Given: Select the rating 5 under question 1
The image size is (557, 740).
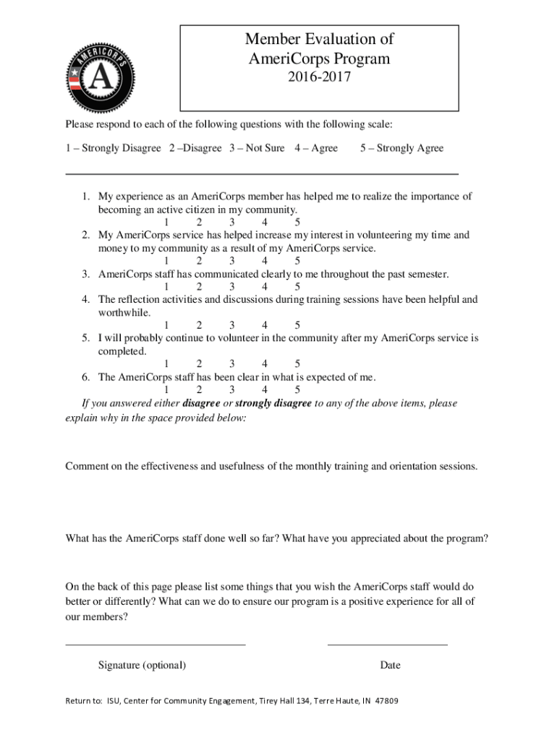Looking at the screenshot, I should click(x=298, y=222).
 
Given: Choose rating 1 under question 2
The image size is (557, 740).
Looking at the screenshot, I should click(x=166, y=261).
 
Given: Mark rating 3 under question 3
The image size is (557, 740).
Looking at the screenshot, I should click(x=232, y=286).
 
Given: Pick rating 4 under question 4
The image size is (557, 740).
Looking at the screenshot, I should click(x=265, y=325).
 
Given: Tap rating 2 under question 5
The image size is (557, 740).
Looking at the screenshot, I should click(x=199, y=363).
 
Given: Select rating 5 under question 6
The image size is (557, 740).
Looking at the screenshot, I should click(x=298, y=390).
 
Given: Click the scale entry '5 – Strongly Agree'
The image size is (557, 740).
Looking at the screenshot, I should click(x=401, y=148).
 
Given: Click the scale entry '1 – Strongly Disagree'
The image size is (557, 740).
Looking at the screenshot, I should click(x=113, y=148).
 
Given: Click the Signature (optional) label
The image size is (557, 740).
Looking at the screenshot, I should click(x=142, y=665).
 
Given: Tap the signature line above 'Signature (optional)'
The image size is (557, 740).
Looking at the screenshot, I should click(x=156, y=644).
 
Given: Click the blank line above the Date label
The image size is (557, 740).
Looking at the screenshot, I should click(x=387, y=644).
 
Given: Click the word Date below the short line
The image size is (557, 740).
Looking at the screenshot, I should click(x=389, y=665).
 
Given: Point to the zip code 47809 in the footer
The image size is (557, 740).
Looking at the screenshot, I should click(x=386, y=701).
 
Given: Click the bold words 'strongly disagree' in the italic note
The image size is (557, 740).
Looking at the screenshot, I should click(x=273, y=403).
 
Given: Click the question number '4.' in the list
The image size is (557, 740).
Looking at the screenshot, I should click(x=85, y=299).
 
